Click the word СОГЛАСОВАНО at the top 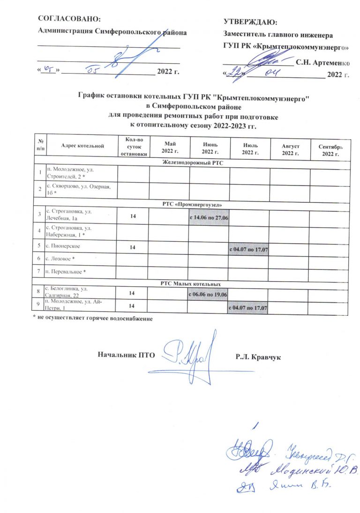coord(69,19)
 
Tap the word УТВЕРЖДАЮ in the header coord(250,22)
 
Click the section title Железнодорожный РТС coord(193,163)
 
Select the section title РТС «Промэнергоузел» coord(193,205)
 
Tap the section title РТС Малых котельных coord(193,284)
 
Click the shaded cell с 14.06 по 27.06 coord(209,218)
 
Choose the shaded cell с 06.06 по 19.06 coord(209,294)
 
